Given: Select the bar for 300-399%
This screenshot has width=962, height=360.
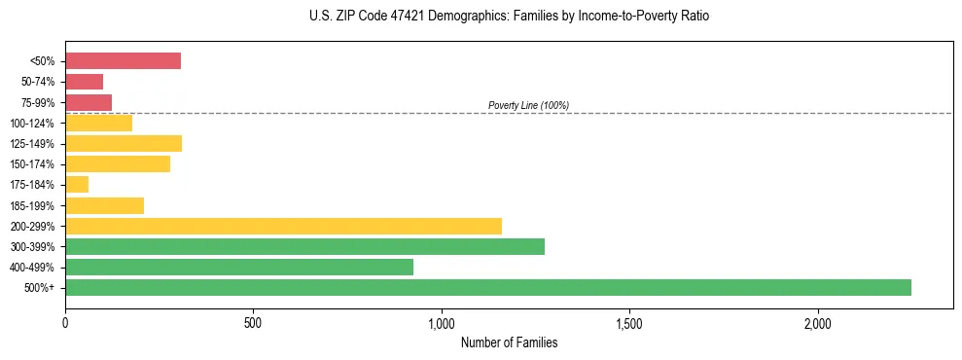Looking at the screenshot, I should click(304, 246).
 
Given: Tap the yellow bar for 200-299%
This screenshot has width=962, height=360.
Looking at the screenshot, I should click(283, 226).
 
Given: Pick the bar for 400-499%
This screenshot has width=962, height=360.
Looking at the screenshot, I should click(239, 267).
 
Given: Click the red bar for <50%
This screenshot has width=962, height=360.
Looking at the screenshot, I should click(123, 61).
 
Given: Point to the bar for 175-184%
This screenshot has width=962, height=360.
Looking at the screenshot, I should click(77, 185).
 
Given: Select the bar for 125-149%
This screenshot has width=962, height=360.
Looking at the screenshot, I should click(124, 144).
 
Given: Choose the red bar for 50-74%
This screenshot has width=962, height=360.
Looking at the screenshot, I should click(84, 82).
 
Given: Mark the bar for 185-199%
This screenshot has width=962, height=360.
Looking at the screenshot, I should click(104, 205).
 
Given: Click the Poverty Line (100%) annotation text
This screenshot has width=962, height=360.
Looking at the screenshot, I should click(528, 105).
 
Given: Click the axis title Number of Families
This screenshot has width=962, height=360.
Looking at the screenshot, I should click(509, 342).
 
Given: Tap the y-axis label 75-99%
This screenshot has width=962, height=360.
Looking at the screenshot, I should click(37, 103).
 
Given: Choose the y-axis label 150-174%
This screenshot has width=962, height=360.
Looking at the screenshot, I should click(32, 164).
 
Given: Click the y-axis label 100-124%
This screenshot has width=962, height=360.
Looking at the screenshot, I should click(32, 124).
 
